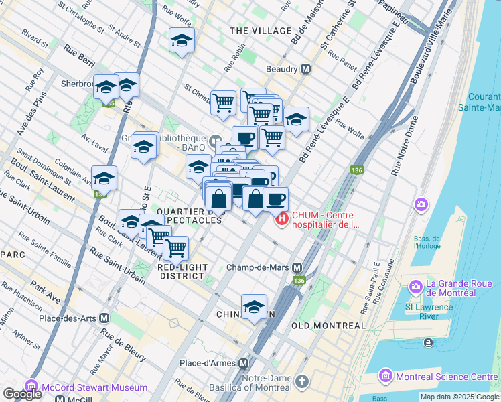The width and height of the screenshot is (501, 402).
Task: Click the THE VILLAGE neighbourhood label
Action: pos(261,31)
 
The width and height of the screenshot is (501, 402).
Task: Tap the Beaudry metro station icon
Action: pos(306,69)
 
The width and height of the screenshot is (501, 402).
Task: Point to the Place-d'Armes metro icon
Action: pos(244,363)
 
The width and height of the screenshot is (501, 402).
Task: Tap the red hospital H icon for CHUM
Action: pos(282,218)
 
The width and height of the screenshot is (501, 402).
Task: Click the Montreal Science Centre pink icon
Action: pos(384,377)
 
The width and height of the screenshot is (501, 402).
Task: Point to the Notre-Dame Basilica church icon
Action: pos(302,381)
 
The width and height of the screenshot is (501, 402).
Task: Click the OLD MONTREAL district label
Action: pos(329,326)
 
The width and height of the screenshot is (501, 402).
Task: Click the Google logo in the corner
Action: pos(21,394)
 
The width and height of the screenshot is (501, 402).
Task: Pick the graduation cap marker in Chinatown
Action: pos(254,307)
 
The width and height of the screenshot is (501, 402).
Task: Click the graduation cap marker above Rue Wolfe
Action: pos(296,119)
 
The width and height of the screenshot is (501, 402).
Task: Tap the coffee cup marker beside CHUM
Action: pos(275,198)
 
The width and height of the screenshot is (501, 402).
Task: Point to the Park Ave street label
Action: pos(46,291)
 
